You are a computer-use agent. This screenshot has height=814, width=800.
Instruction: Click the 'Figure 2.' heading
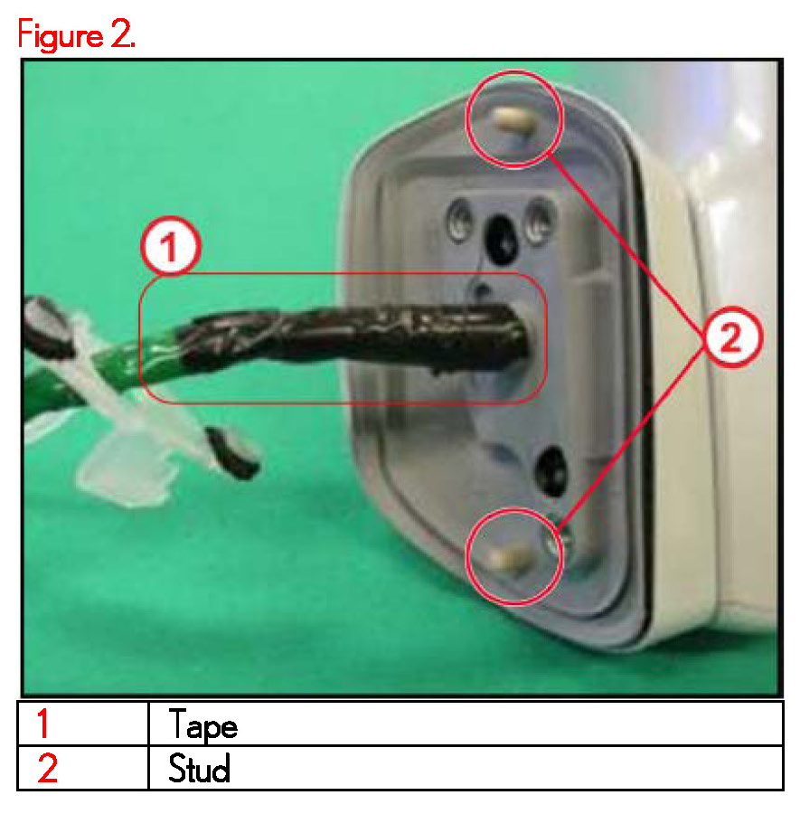pyautogui.click(x=77, y=34)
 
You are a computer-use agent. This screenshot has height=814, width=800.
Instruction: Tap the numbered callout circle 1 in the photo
pyautogui.click(x=171, y=245)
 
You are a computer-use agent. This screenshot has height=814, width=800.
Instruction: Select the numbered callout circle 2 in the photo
pyautogui.click(x=731, y=337)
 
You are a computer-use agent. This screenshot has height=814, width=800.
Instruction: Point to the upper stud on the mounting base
pyautogui.click(x=513, y=121)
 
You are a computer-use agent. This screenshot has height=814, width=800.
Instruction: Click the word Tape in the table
pyautogui.click(x=202, y=724)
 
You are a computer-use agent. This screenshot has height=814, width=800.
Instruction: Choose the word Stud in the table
pyautogui.click(x=199, y=768)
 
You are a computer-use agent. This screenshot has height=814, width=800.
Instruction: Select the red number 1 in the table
pyautogui.click(x=43, y=724)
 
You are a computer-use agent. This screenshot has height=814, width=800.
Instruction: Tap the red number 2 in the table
pyautogui.click(x=47, y=768)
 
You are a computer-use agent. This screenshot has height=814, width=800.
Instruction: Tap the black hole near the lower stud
pyautogui.click(x=551, y=469)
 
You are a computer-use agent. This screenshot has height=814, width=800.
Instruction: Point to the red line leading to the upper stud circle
pyautogui.click(x=626, y=245)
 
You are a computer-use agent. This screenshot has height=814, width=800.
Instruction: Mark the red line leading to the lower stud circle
pyautogui.click(x=631, y=437)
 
